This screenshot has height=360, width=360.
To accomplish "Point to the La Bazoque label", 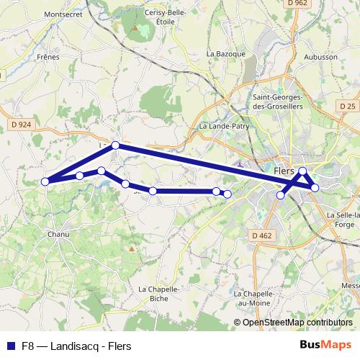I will tap(226, 53).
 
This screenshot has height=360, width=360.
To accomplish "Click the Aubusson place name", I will tap(320, 56).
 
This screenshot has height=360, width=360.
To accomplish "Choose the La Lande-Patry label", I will tap(220, 125).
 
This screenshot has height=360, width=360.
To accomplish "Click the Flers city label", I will tap(284, 161).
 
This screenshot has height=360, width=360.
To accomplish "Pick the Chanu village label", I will tap(58, 234).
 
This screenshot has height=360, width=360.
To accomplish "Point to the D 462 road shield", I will tap(264, 235).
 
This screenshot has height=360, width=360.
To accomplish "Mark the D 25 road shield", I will tap(347, 107).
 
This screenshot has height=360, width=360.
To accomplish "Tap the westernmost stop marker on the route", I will tap(45, 181).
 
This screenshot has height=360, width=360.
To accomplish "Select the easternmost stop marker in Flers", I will tap(315, 188).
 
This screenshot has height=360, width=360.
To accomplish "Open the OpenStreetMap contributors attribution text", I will tap(297, 322).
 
